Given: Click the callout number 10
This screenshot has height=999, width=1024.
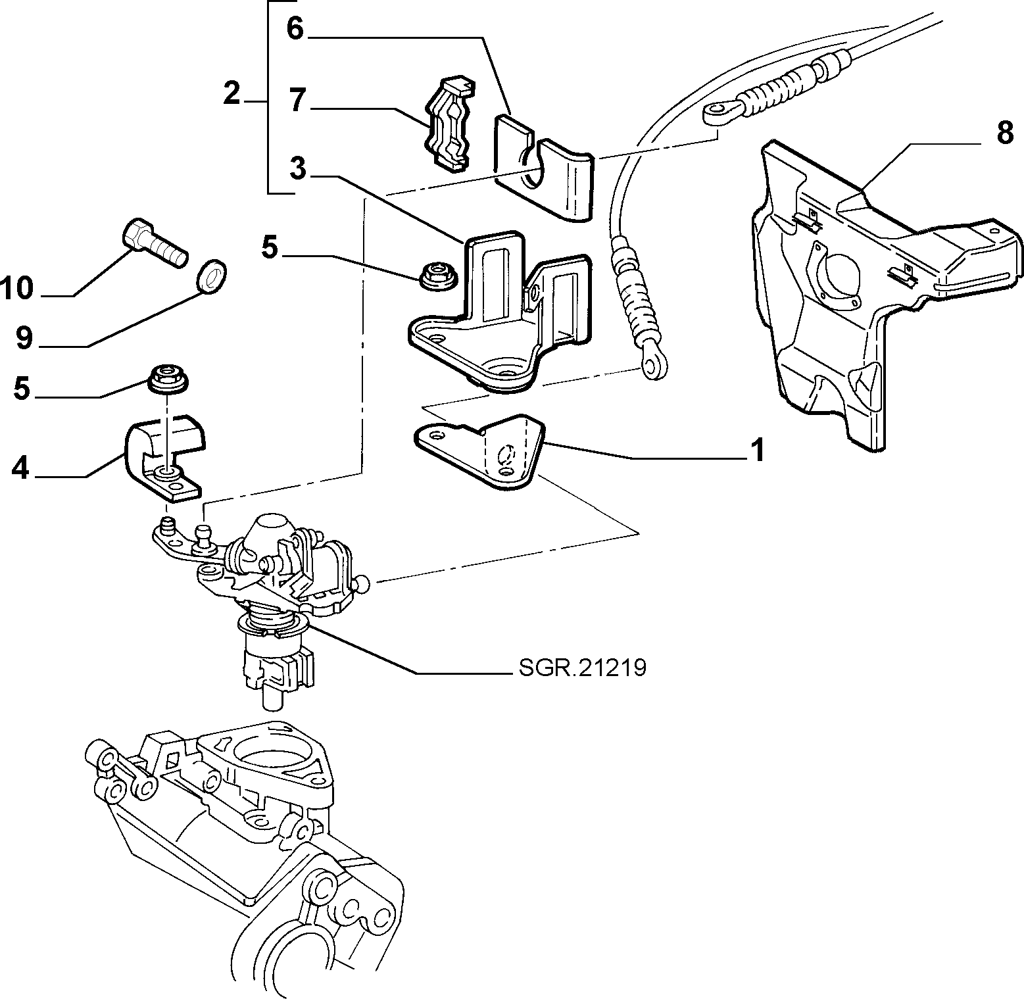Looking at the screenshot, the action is [17, 288].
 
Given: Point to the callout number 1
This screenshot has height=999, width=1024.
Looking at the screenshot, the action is [758, 451].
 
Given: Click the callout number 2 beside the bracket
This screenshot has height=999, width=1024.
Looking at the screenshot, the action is [232, 94].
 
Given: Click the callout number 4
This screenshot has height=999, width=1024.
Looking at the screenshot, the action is [21, 468].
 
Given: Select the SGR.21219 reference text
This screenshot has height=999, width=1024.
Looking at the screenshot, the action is [582, 668].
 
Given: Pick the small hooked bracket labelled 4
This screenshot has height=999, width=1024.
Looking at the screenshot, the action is [164, 458].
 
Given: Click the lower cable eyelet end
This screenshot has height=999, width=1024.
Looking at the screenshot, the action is [653, 365].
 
